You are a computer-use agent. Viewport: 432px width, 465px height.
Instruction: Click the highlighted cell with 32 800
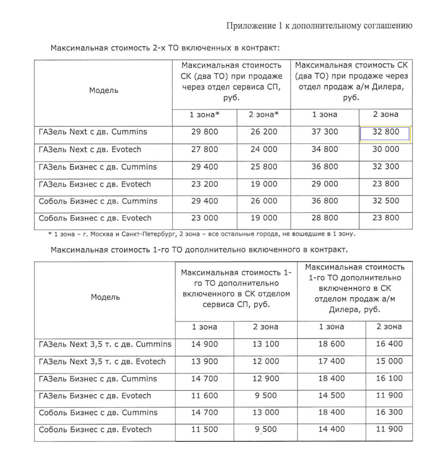[x=385, y=133]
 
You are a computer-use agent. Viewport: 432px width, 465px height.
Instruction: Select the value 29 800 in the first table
[x=204, y=132]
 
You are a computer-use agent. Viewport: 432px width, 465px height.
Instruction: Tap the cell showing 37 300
[x=325, y=132]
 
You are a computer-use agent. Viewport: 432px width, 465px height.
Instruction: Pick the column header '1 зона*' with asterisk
[x=204, y=115]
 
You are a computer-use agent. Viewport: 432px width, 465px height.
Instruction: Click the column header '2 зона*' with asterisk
[x=264, y=115]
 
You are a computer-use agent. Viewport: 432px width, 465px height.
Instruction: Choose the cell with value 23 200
[x=204, y=184]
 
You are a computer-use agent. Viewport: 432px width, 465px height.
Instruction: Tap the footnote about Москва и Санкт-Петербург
[x=201, y=233]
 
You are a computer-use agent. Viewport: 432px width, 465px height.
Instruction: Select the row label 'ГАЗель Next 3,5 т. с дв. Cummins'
[x=105, y=344]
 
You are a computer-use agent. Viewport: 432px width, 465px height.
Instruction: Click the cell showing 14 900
[x=204, y=344]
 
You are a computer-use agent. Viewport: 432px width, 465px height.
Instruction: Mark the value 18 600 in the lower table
[x=331, y=344]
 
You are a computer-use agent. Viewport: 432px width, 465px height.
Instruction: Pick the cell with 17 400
[x=331, y=361]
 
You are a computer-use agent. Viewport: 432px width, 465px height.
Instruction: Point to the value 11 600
[x=204, y=396]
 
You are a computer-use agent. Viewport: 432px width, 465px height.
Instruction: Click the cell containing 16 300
[x=389, y=413]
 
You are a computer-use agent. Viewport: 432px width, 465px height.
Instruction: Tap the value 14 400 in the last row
[x=331, y=430]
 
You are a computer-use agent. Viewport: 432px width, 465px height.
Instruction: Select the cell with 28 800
[x=325, y=218]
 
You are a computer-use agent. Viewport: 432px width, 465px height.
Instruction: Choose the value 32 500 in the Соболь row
[x=386, y=201]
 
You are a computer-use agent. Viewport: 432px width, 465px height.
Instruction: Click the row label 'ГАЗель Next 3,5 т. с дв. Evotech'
[x=103, y=361]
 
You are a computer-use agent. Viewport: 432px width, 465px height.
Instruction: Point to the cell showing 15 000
[x=389, y=361]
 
